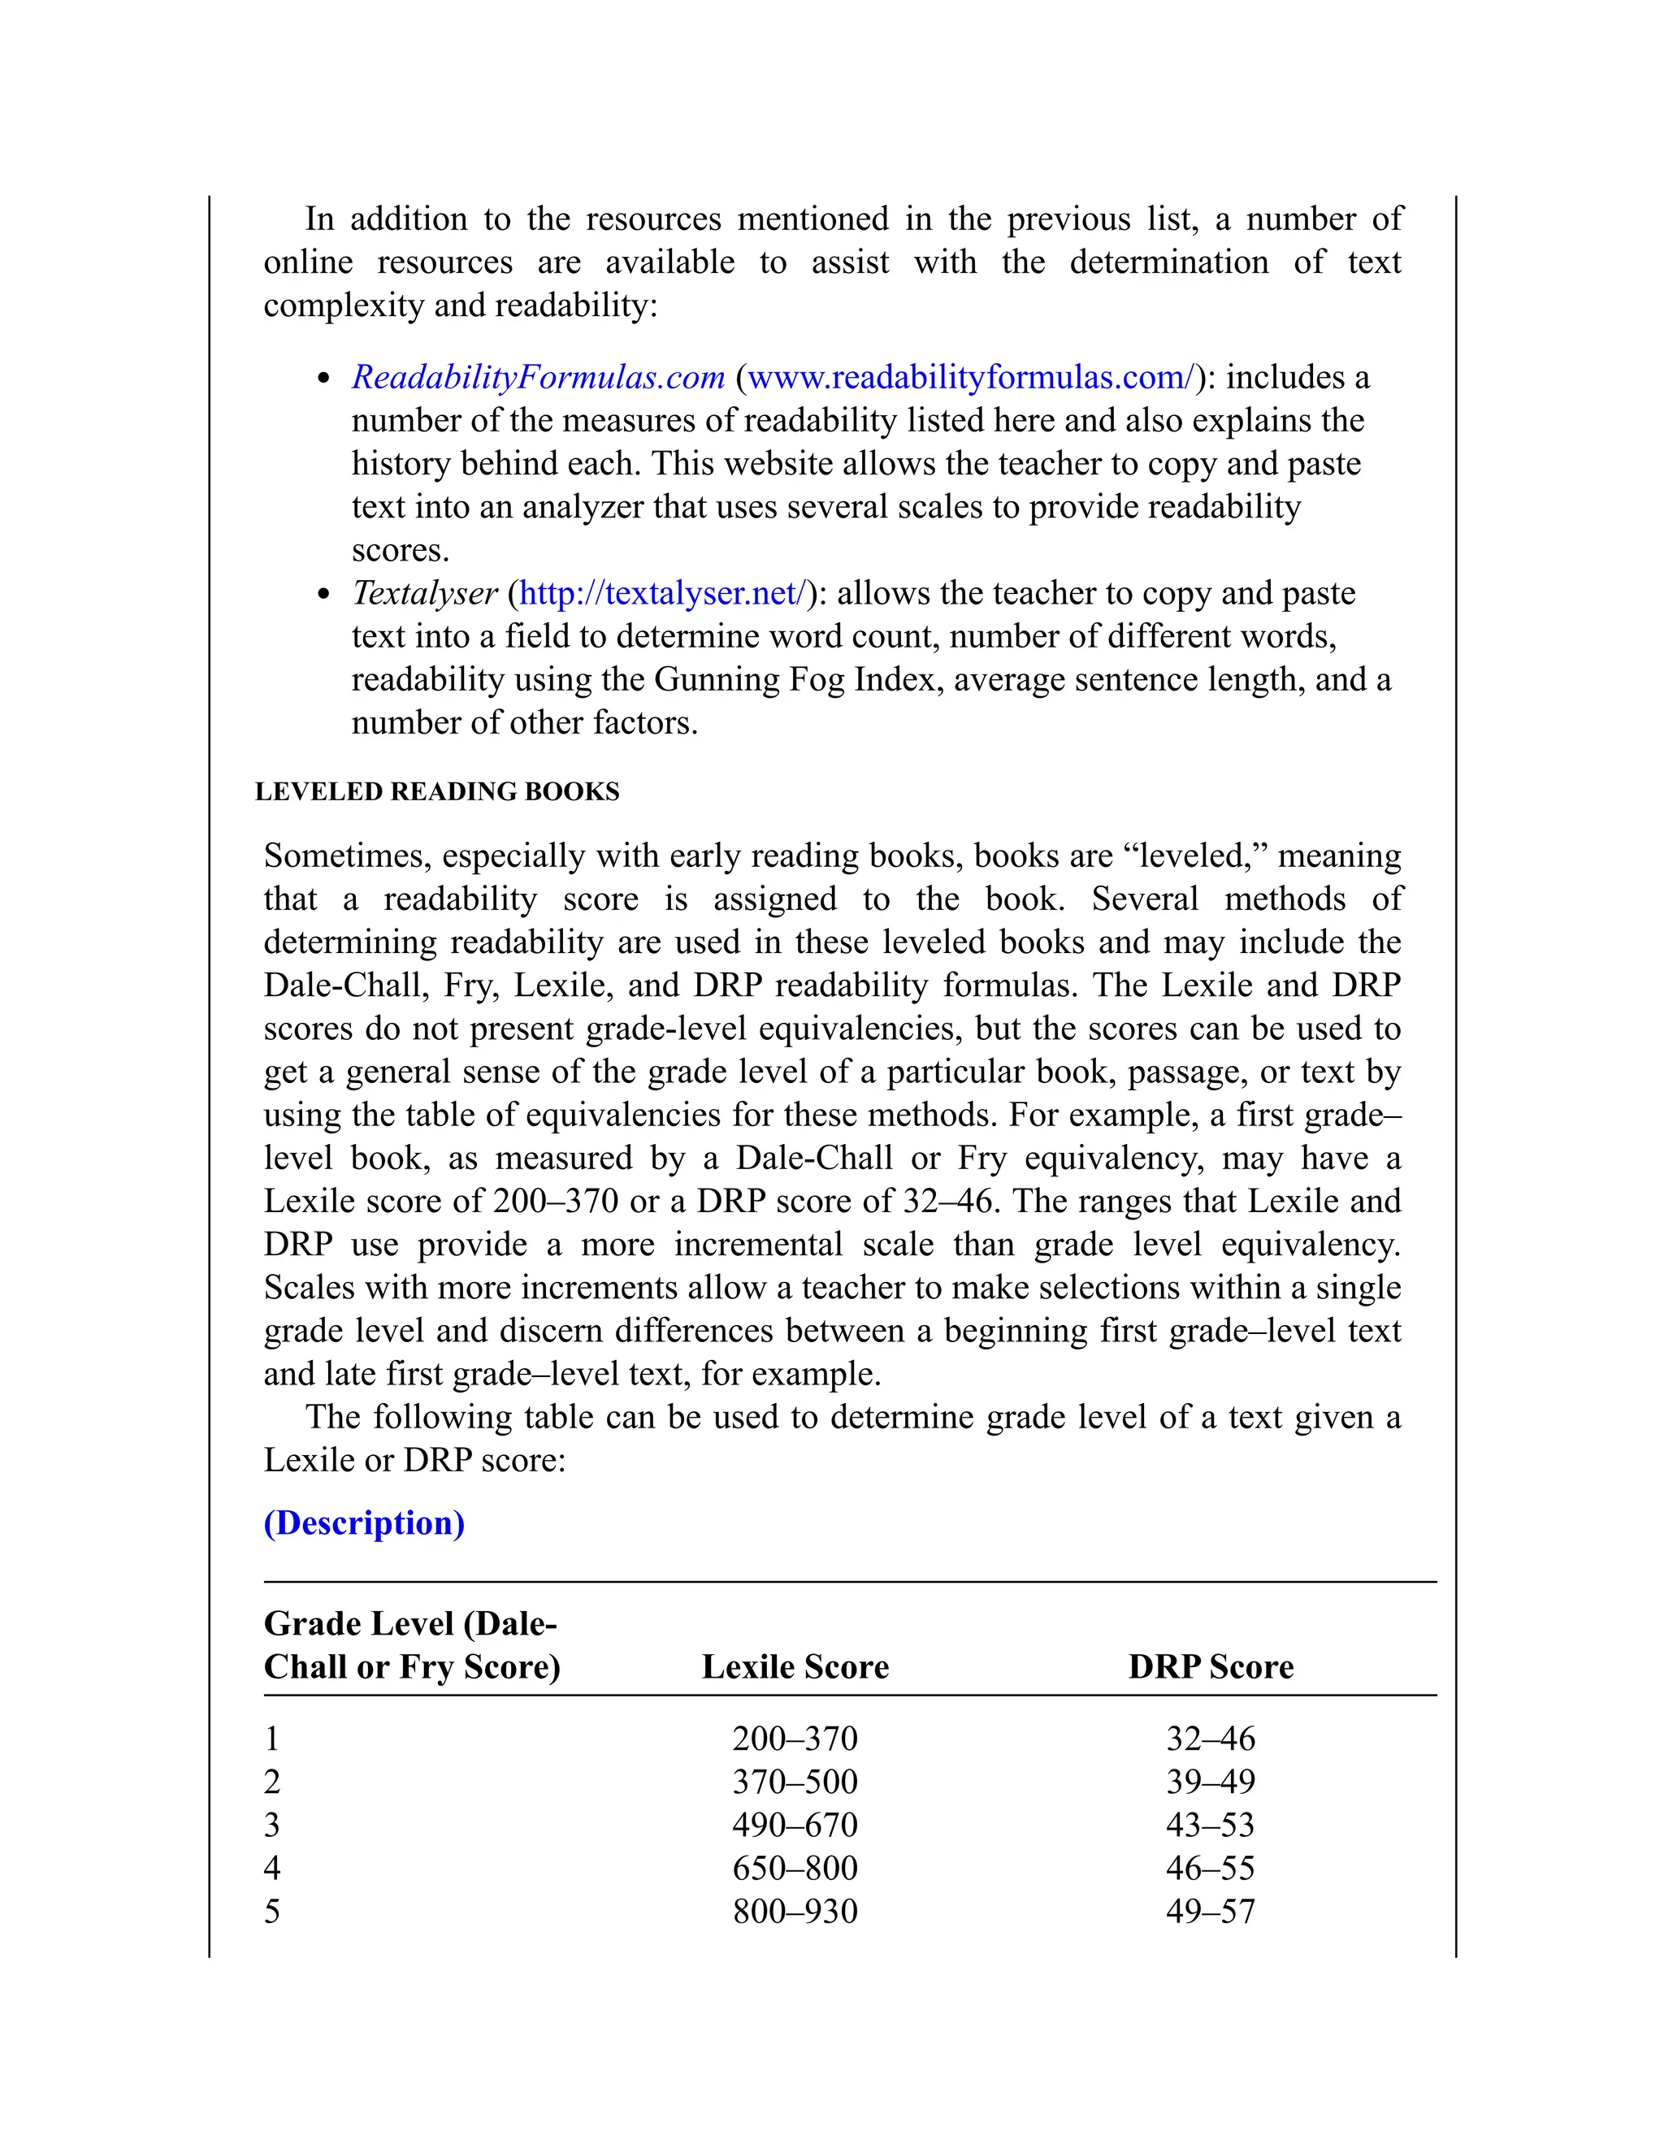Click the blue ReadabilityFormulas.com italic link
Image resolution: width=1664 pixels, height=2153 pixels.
(538, 378)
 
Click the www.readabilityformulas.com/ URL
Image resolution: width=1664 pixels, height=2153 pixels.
(971, 378)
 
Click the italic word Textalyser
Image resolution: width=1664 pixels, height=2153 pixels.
(425, 593)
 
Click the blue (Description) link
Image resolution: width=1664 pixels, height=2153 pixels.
(364, 1523)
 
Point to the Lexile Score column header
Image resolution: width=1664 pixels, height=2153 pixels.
(795, 1667)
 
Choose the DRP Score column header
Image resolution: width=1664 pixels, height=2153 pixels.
(1211, 1667)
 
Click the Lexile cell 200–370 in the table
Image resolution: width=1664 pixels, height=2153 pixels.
(795, 1738)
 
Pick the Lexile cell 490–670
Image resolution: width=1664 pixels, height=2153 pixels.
(795, 1825)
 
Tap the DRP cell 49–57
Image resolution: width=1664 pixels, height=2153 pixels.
(1211, 1912)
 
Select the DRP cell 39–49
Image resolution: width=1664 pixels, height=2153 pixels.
(1211, 1782)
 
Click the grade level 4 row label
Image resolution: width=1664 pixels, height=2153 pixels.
(272, 1868)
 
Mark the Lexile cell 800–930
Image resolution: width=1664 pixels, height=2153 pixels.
(795, 1912)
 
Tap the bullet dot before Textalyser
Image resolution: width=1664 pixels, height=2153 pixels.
(323, 596)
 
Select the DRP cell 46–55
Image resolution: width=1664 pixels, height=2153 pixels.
(1211, 1868)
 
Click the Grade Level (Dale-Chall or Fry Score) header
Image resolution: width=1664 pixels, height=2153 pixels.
(411, 1645)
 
